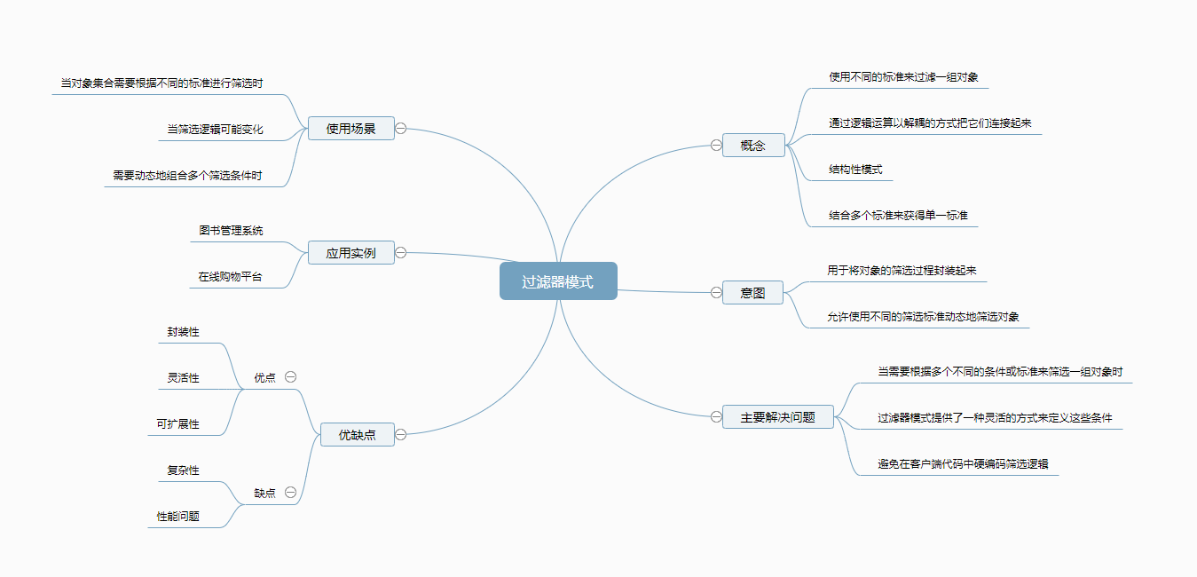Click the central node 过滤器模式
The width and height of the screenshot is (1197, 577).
[558, 281]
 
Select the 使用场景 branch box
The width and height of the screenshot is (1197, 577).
[350, 129]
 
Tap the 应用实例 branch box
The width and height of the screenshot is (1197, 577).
[350, 253]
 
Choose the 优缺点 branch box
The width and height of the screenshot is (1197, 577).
[357, 434]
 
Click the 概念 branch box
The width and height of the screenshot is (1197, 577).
[753, 145]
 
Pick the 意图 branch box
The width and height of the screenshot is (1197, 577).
[752, 292]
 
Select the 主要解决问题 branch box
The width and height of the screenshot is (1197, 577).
[777, 416]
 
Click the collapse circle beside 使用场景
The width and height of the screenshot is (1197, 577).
[401, 129]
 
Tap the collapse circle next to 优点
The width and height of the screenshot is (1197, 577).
[290, 377]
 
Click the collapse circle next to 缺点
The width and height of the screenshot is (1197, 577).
[290, 493]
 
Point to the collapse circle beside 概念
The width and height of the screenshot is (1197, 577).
[716, 145]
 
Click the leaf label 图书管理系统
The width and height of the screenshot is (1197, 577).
[231, 231]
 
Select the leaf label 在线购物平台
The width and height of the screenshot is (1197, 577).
[231, 277]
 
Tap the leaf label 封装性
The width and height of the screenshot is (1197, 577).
[184, 332]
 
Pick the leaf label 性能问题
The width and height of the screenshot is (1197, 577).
[178, 516]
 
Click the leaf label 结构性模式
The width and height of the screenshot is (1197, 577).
[855, 170]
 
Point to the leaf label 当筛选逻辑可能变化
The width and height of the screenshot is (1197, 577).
[216, 130]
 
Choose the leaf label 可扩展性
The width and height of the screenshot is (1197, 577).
[178, 424]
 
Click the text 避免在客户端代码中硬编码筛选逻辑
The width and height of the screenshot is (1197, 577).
[955, 463]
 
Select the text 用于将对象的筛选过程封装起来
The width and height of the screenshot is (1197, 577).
[902, 271]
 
